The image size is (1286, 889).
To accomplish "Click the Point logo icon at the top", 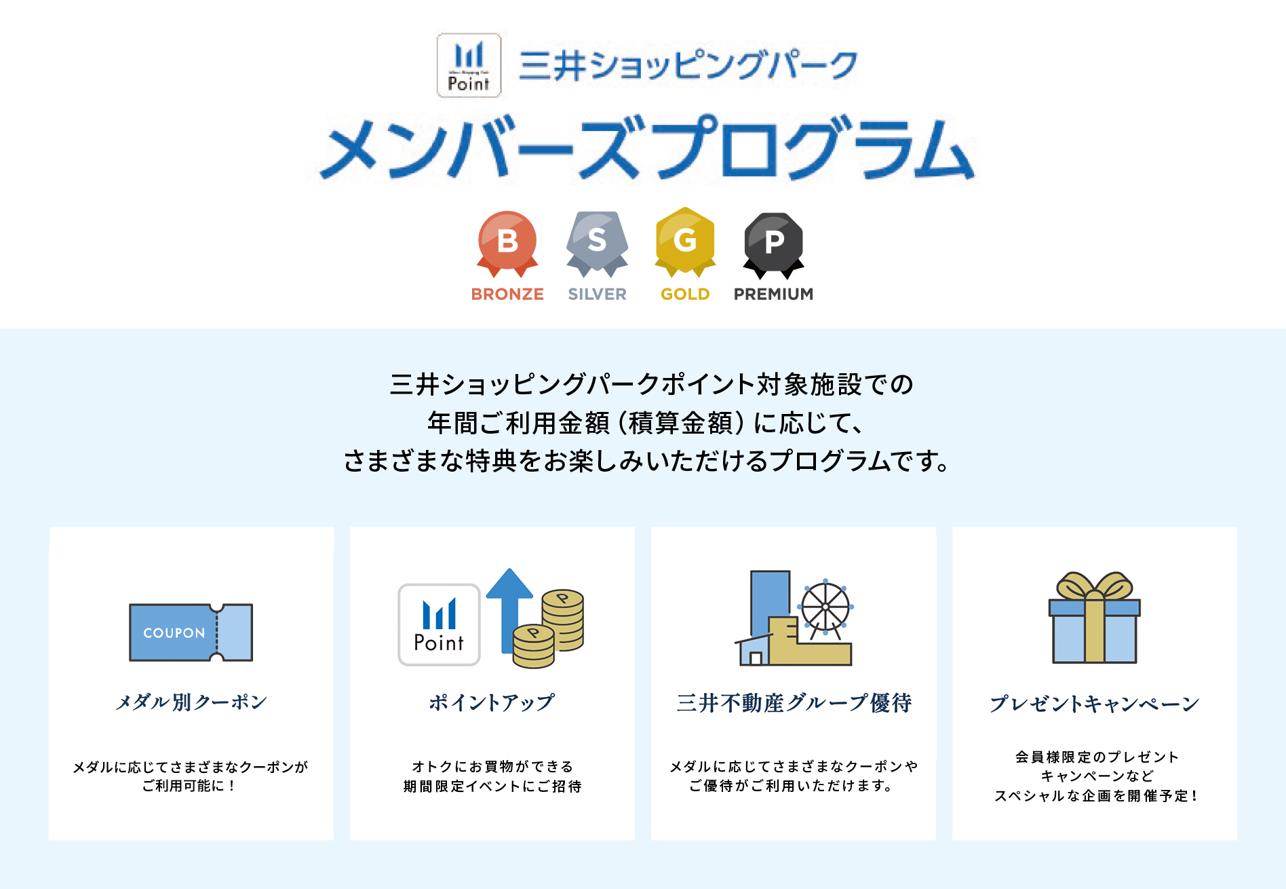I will point(469,65).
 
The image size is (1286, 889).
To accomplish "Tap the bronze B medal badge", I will point(507,241).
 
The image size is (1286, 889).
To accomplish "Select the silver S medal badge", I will point(597,241).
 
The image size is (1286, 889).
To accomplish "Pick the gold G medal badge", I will point(685,240).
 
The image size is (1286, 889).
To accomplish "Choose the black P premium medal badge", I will point(774,241).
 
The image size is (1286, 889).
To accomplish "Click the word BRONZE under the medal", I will point(507,294).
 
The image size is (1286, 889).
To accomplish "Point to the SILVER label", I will point(597,294).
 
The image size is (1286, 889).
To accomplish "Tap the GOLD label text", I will point(685,294).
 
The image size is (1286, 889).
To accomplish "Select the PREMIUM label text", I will point(773,294).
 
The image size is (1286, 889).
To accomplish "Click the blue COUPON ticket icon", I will point(191,632).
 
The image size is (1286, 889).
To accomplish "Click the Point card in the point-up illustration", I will point(439,624).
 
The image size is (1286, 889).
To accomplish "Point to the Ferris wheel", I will point(825,607).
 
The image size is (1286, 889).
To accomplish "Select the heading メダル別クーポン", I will point(191,702).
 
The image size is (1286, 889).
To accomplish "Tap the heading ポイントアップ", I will point(492,702).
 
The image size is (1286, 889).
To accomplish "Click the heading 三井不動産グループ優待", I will point(794,703).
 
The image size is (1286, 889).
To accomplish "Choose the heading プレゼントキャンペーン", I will point(1094,703).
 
